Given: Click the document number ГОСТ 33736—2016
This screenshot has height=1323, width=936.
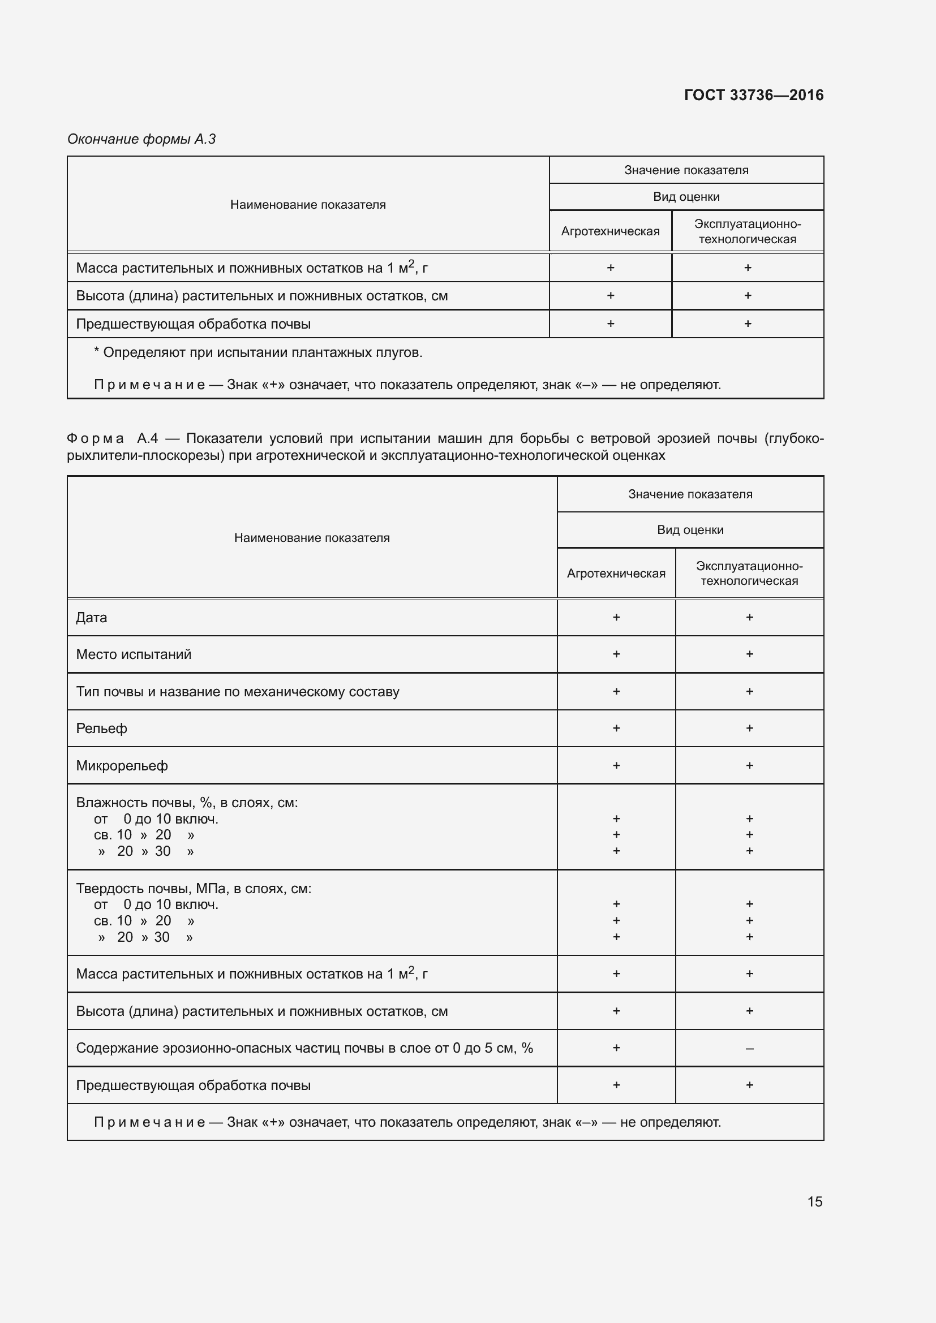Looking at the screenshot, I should pyautogui.click(x=753, y=95).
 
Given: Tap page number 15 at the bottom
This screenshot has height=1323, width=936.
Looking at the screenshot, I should pyautogui.click(x=814, y=1201).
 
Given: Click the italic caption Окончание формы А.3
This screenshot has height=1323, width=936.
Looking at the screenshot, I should pyautogui.click(x=141, y=139).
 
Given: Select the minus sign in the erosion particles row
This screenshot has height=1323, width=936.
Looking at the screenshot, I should pyautogui.click(x=749, y=1049).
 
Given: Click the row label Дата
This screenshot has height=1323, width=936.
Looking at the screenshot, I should pyautogui.click(x=92, y=618).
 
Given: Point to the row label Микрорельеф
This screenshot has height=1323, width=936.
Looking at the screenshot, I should pyautogui.click(x=122, y=766).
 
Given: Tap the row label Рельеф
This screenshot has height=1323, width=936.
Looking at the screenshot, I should pyautogui.click(x=101, y=729).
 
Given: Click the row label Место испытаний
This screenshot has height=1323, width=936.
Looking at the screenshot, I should pyautogui.click(x=134, y=654).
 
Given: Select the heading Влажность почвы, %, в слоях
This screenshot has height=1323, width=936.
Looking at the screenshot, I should pyautogui.click(x=187, y=803).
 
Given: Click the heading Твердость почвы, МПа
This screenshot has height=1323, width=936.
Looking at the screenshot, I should pyautogui.click(x=194, y=889).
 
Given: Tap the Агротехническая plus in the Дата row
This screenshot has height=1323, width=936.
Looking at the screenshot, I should pyautogui.click(x=616, y=618).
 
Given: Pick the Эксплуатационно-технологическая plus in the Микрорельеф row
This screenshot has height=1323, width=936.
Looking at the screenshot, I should pyautogui.click(x=749, y=766).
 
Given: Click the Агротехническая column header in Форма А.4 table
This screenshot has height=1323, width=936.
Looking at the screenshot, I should pyautogui.click(x=616, y=574).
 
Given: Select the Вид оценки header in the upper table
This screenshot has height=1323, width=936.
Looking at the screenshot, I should pyautogui.click(x=686, y=197).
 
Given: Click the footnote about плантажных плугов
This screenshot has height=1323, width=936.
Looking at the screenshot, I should pyautogui.click(x=258, y=352).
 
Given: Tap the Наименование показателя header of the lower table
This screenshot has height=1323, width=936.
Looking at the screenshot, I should pyautogui.click(x=312, y=537).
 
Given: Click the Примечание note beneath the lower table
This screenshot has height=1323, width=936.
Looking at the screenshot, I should pyautogui.click(x=407, y=1122).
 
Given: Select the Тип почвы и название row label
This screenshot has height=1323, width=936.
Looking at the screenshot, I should pyautogui.click(x=238, y=691).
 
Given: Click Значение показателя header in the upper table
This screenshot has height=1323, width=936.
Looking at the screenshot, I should pyautogui.click(x=686, y=170).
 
